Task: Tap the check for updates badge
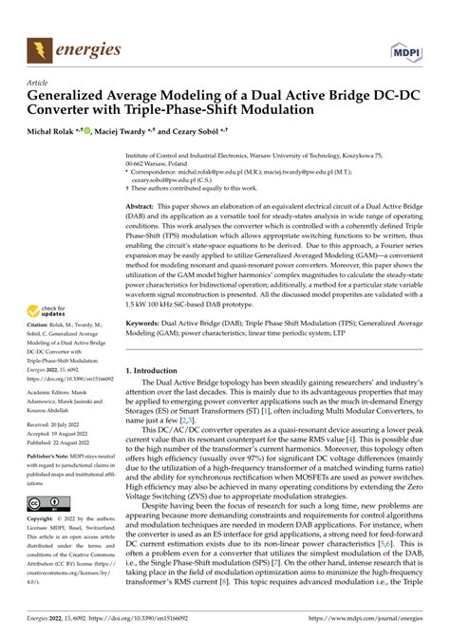pos(42,286)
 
